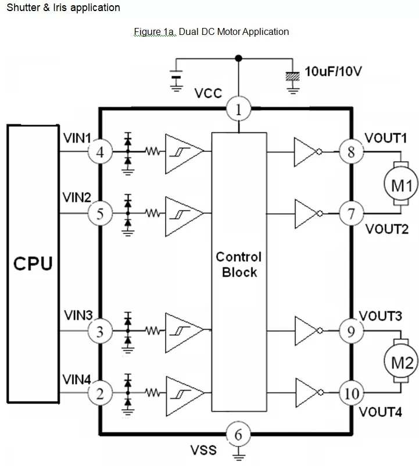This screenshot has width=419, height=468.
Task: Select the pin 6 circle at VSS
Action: click(x=238, y=434)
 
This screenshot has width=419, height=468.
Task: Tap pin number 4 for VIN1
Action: click(x=100, y=153)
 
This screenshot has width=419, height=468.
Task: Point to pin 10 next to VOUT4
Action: click(x=352, y=393)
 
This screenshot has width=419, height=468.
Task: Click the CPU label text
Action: click(x=33, y=264)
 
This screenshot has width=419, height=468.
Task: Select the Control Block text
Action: click(x=238, y=264)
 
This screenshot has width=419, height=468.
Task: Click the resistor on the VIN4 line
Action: click(x=153, y=393)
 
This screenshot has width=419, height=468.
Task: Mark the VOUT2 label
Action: click(x=386, y=229)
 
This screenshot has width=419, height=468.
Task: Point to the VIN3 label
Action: click(x=78, y=315)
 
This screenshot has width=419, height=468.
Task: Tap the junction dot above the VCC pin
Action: click(x=238, y=58)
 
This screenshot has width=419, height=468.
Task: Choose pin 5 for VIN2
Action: click(x=100, y=214)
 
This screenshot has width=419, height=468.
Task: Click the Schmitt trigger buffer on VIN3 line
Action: click(x=182, y=331)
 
